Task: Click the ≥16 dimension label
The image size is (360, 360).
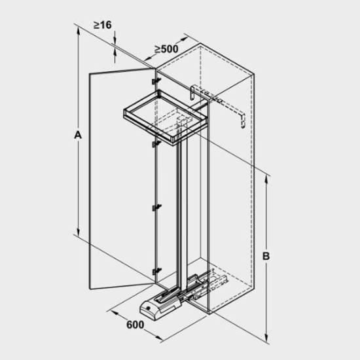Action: (x=102, y=25)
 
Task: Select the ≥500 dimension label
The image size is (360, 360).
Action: (x=166, y=49)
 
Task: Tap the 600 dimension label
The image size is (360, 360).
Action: (x=135, y=325)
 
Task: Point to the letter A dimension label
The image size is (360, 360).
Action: (x=78, y=135)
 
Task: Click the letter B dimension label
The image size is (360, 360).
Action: (x=266, y=256)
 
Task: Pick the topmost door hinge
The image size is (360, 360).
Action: (x=156, y=81)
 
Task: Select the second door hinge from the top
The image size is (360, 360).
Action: (x=156, y=144)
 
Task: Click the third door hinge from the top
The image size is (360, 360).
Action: (x=156, y=207)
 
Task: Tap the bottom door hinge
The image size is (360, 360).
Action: (x=156, y=272)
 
